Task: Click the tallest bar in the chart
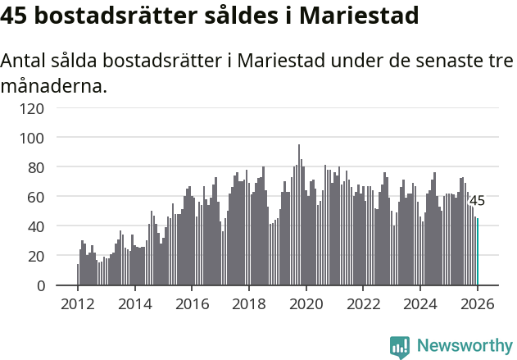299,216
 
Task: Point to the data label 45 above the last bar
477,201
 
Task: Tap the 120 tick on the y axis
33,107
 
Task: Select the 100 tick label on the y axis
33,137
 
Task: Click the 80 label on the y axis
36,166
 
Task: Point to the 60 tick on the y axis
36,197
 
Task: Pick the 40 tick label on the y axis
36,226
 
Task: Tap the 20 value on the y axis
36,256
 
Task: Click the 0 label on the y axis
40,285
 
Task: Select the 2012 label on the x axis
78,304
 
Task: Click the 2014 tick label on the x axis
135,304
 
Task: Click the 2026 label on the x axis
477,304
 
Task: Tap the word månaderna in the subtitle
53,85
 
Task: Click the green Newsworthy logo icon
400,347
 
